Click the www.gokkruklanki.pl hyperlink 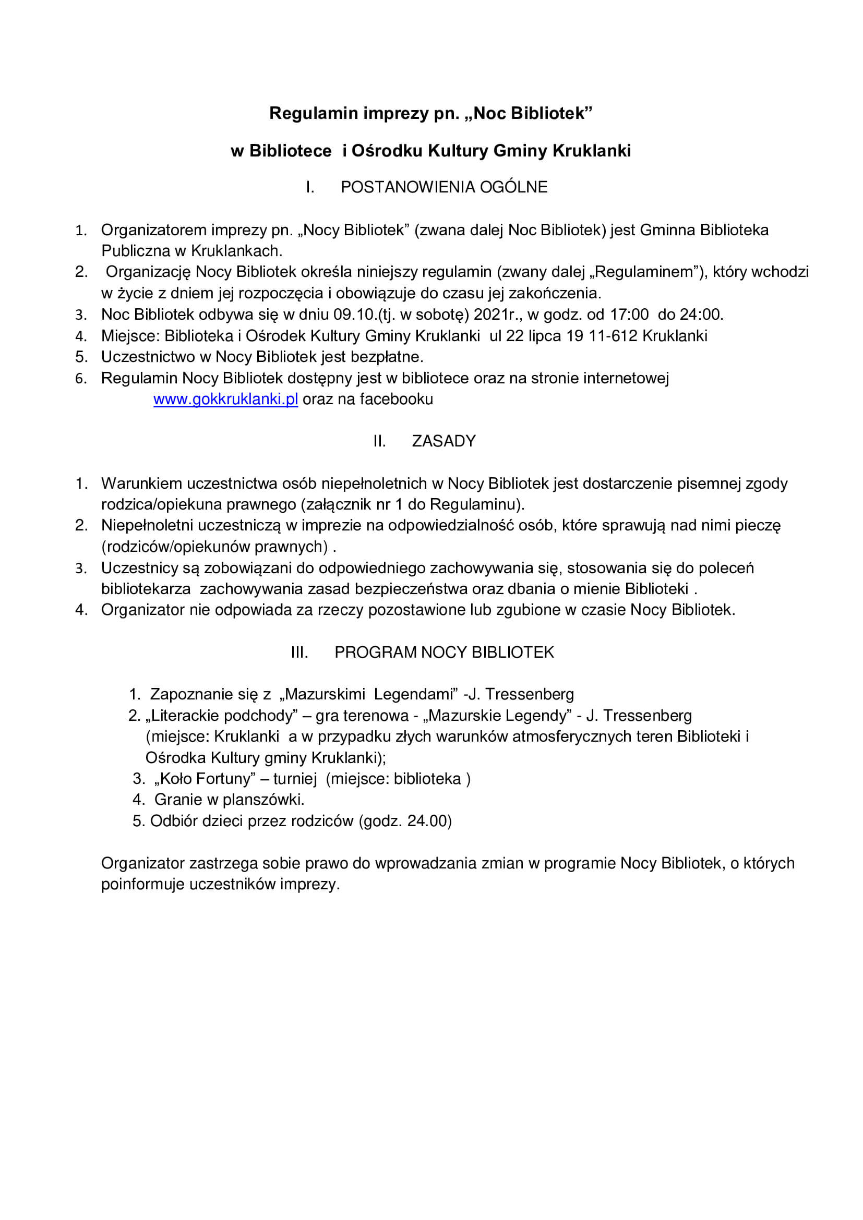[225, 399]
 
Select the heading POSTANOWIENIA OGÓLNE [444, 187]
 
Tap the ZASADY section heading [444, 441]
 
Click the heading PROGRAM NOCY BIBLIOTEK [444, 653]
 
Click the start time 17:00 [629, 315]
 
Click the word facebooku [397, 399]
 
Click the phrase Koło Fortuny [205, 779]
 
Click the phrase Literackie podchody [222, 716]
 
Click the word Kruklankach [236, 251]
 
